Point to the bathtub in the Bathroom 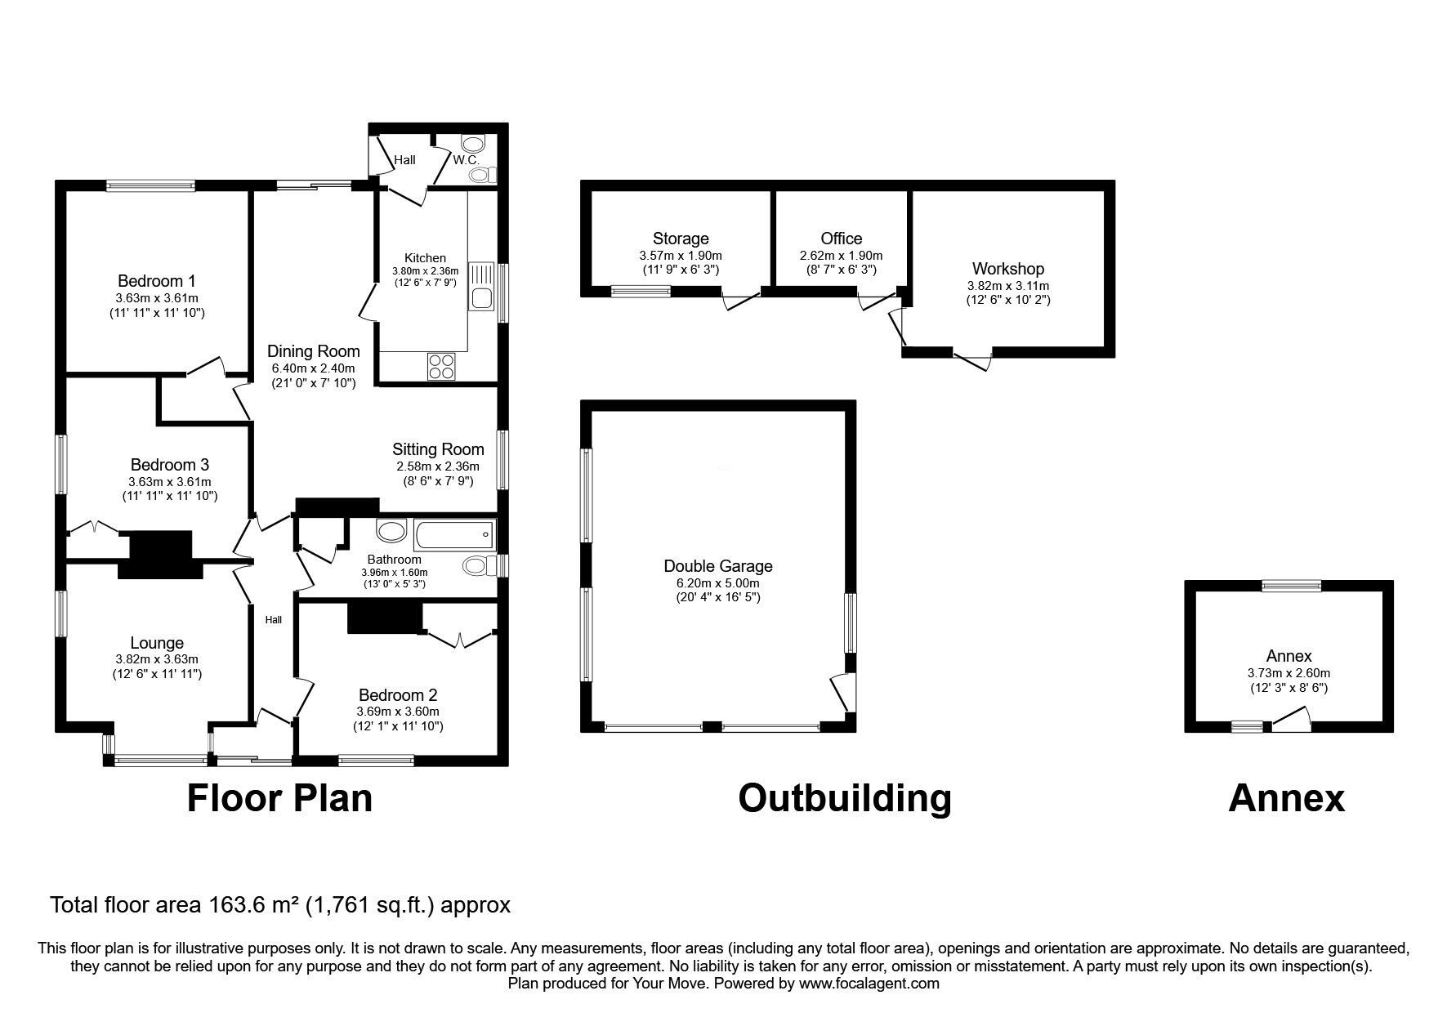(454, 536)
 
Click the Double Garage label (717, 566)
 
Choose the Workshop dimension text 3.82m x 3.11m (1007, 286)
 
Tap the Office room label (841, 239)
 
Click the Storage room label (681, 239)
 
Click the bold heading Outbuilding (844, 797)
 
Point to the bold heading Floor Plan (279, 797)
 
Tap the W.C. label (466, 159)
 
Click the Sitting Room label (438, 449)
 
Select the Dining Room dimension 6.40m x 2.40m (314, 368)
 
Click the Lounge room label (157, 643)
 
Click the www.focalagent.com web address (868, 984)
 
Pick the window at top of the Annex (1291, 585)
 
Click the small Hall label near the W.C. (404, 160)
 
